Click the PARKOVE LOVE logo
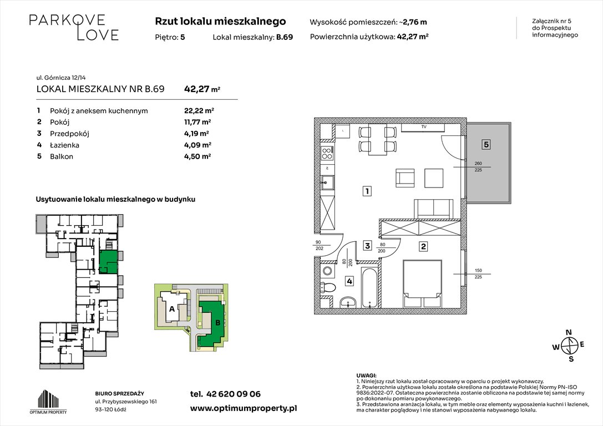click(x=74, y=27)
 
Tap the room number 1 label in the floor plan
click(x=367, y=192)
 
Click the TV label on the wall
click(x=423, y=128)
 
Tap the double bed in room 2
click(x=422, y=283)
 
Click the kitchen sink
click(x=327, y=181)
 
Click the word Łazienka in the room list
click(x=65, y=145)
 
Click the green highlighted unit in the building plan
click(x=108, y=261)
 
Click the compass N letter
click(x=568, y=333)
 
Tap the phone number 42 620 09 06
click(x=225, y=394)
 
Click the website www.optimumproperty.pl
click(x=244, y=408)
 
